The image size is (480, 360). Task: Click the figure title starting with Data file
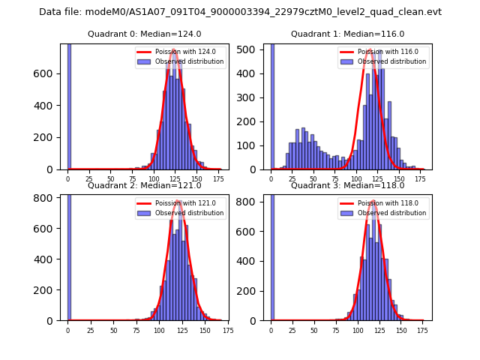pyautogui.click(x=240, y=12)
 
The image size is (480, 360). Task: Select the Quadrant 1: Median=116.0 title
pyautogui.click(x=347, y=34)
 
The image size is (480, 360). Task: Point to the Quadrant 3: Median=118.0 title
pyautogui.click(x=347, y=185)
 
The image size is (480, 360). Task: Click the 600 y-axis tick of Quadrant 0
pyautogui.click(x=49, y=73)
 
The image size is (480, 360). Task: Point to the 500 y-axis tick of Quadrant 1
pyautogui.click(x=253, y=49)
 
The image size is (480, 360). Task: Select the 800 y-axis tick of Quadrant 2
pyautogui.click(x=49, y=197)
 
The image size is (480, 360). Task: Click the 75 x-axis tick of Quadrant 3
pyautogui.click(x=335, y=329)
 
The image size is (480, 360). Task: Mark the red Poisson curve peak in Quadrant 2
pyautogui.click(x=178, y=201)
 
